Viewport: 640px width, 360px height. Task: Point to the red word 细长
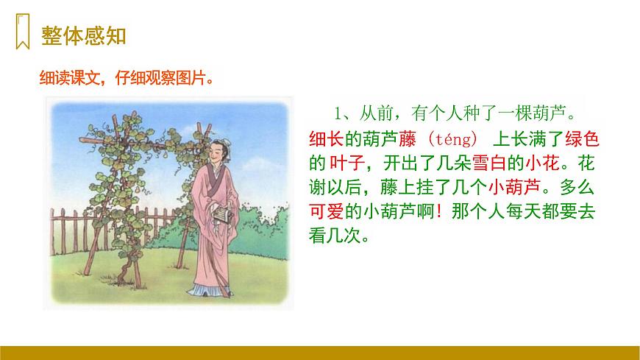[327, 138]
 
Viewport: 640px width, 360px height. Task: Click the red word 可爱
[327, 210]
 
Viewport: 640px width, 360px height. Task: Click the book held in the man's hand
[216, 213]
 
